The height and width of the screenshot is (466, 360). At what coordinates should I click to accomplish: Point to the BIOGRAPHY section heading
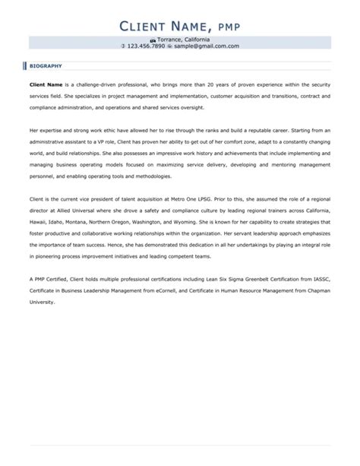46,66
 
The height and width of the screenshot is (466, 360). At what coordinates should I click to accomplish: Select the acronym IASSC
320,280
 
